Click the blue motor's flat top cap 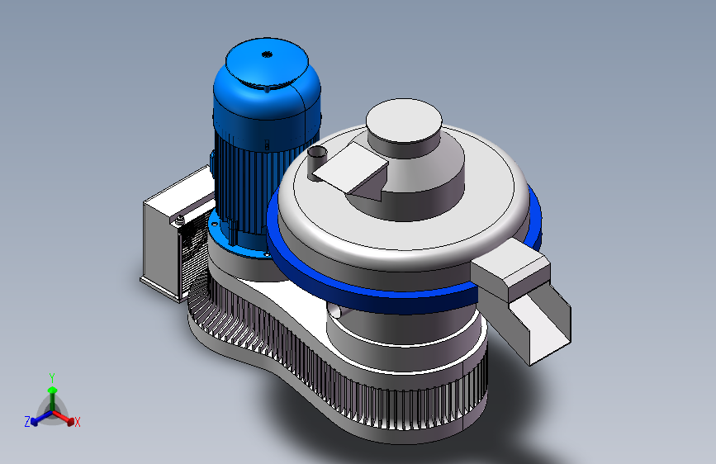(x=267, y=62)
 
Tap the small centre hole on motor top (x=267, y=54)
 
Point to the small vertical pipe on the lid (x=317, y=162)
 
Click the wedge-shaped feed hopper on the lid (x=351, y=172)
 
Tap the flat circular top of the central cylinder (x=404, y=120)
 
